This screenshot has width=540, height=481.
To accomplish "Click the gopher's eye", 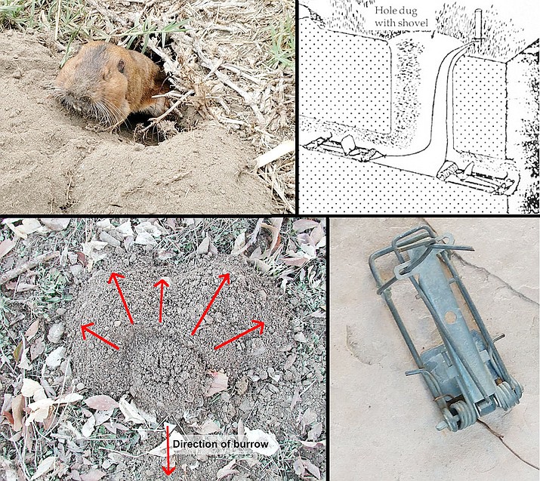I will (x=120, y=66).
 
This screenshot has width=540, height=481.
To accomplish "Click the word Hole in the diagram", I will (x=390, y=11).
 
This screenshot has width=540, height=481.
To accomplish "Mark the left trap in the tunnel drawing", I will (x=340, y=147).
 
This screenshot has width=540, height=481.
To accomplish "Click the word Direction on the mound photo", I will (x=199, y=444).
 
